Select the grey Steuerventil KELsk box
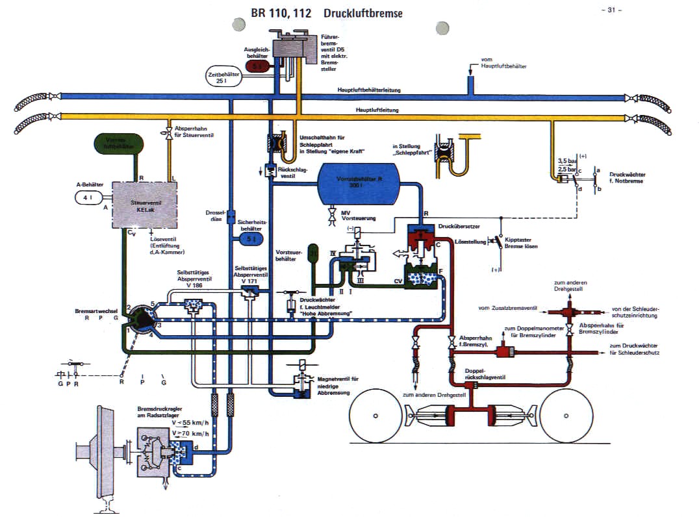pyautogui.click(x=146, y=204)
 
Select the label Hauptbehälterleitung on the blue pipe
pyautogui.click(x=368, y=90)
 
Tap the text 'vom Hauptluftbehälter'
pyautogui.click(x=503, y=63)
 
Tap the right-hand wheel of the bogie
pyautogui.click(x=568, y=415)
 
